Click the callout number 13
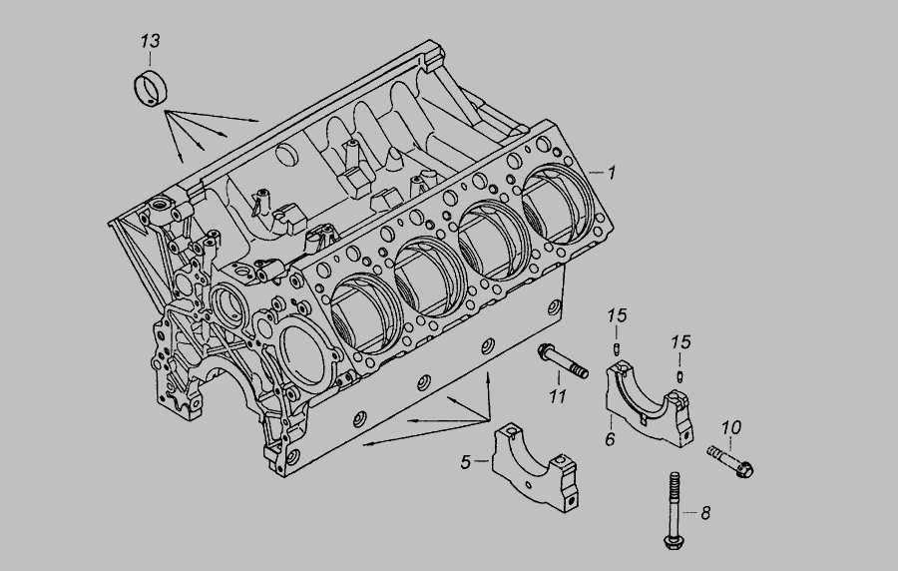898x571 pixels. click(149, 41)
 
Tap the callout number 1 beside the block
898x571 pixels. click(612, 173)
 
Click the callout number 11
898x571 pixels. click(557, 396)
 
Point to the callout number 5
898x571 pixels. click(466, 462)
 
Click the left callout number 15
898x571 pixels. click(618, 316)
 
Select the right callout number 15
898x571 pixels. click(680, 342)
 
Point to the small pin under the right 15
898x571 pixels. click(678, 375)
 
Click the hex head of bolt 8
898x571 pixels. click(673, 542)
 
